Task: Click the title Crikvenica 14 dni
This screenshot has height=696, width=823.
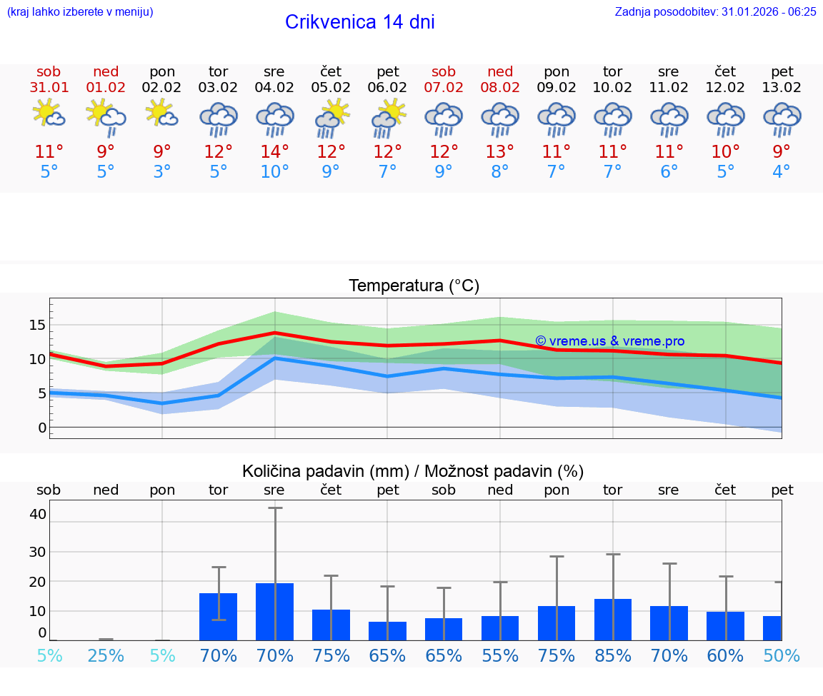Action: [x=359, y=22]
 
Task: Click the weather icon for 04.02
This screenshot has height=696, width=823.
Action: [x=275, y=120]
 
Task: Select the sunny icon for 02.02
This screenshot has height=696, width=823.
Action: [x=161, y=114]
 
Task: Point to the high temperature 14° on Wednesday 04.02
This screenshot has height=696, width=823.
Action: [x=275, y=152]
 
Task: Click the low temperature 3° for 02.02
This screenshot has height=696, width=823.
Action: [x=162, y=172]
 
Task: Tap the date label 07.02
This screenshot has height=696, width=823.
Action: [x=444, y=88]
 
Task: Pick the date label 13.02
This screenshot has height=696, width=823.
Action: [x=782, y=88]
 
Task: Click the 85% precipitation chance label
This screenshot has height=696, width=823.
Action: [x=613, y=655]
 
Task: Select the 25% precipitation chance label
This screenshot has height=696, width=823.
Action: [x=106, y=655]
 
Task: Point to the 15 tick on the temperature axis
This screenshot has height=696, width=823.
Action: [x=37, y=325]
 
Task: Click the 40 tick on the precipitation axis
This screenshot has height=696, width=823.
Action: [x=38, y=514]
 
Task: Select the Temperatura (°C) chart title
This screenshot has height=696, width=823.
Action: [x=414, y=286]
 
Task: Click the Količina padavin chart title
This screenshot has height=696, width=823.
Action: [x=413, y=471]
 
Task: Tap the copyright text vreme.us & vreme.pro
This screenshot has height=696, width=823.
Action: [x=610, y=341]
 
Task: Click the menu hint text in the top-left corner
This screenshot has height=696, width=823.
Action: [x=80, y=11]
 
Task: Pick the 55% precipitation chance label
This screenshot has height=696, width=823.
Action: [x=500, y=655]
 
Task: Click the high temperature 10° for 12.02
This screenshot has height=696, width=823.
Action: [x=726, y=152]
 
